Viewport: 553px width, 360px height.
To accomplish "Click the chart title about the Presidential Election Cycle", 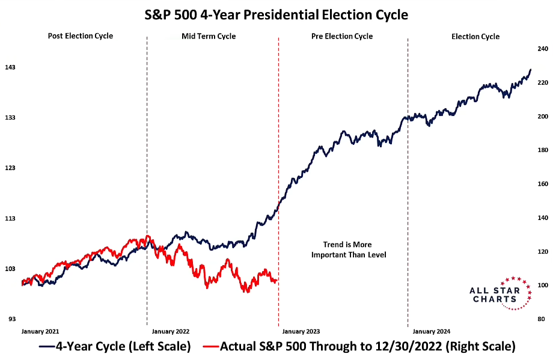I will click(276, 13).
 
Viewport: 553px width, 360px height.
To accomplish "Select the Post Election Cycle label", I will click(80, 36).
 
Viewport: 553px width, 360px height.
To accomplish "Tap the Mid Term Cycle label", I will click(209, 37).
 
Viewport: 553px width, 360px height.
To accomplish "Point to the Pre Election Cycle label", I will click(341, 37).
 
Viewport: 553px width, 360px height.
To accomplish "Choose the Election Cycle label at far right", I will click(475, 37).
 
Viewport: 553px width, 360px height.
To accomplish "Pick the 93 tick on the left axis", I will click(11, 319).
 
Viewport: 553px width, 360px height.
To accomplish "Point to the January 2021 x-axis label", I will click(40, 331).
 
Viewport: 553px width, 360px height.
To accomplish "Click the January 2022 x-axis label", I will click(171, 331).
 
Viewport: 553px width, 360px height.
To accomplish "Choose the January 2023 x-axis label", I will click(301, 331).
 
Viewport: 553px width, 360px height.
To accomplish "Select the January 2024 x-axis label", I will click(432, 331).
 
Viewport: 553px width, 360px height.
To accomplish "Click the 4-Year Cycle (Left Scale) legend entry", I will click(115, 347).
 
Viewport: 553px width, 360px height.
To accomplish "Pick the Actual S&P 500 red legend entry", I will click(359, 347).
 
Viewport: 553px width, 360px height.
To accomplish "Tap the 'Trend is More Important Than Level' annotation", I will click(349, 250).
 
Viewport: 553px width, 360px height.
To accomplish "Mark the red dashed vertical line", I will click(278, 180).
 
